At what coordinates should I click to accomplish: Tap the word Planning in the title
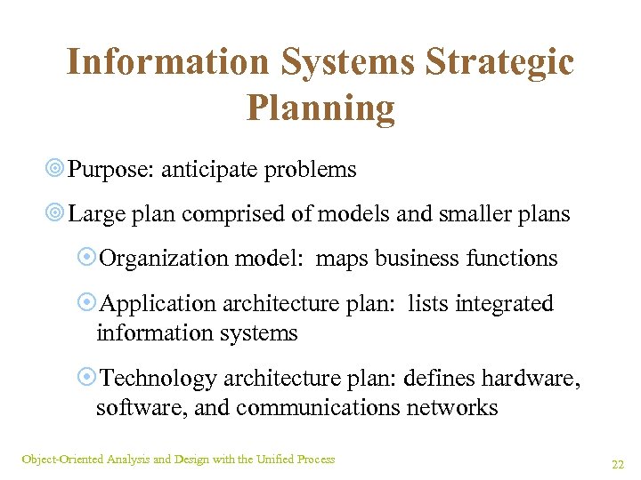point(320,108)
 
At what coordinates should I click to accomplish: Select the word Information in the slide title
point(166,63)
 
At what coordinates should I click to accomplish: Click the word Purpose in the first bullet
point(110,170)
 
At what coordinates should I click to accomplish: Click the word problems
point(315,170)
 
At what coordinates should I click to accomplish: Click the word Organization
point(165,259)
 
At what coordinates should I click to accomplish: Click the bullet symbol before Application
point(87,304)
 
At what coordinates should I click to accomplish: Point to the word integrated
point(505,304)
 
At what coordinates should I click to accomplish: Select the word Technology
point(158,379)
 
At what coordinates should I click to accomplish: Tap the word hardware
point(531,379)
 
